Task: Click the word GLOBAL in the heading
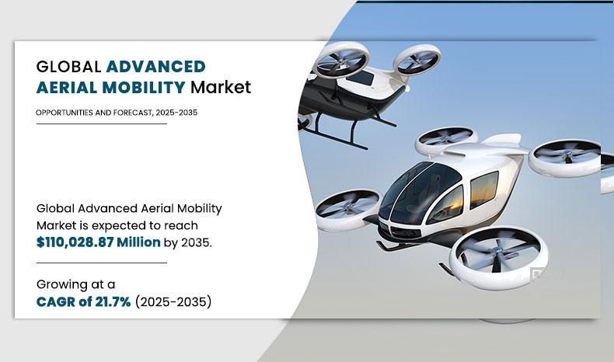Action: coord(68,66)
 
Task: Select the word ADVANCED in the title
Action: coord(156,66)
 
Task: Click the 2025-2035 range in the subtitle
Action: coord(176,113)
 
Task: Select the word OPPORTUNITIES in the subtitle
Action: coord(66,113)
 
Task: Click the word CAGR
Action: coord(55,301)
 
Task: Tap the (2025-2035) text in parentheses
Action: coord(173,301)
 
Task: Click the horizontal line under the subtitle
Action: coord(101,124)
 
